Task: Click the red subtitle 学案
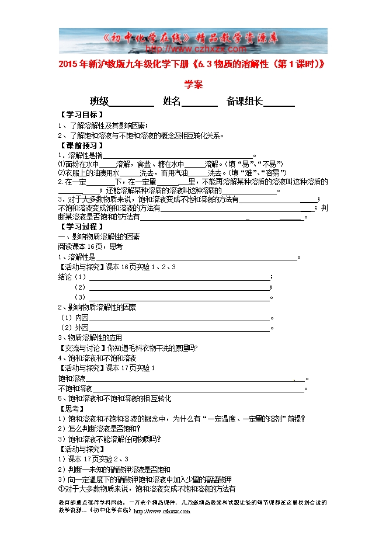pyautogui.click(x=193, y=84)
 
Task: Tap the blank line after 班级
pyautogui.click(x=132, y=103)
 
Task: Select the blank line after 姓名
pyautogui.click(x=200, y=103)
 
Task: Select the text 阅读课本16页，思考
pyautogui.click(x=91, y=246)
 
